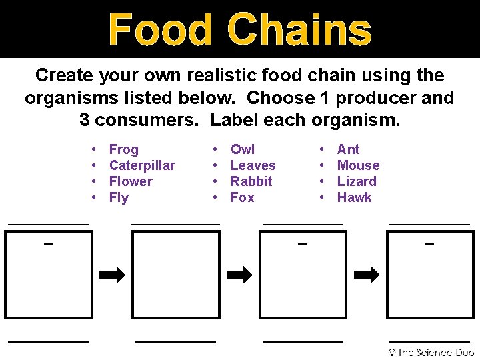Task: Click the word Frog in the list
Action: coord(123,149)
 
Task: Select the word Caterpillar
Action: coord(142,165)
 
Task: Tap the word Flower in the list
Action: coord(131,181)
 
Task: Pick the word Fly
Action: coord(119,197)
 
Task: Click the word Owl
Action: coord(243,149)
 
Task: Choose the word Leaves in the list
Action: coord(253,165)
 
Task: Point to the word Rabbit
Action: coord(251,181)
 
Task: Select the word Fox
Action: coord(242,197)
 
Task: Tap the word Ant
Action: coord(348,149)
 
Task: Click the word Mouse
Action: coord(358,165)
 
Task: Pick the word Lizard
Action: coord(357,181)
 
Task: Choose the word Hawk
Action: coord(354,197)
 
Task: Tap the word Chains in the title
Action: coord(299,30)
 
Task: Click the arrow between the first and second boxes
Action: coord(112,275)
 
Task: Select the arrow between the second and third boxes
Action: coord(239,275)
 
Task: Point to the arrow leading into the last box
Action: coord(366,275)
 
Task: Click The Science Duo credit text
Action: coord(431,352)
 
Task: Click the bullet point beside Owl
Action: coord(215,149)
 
